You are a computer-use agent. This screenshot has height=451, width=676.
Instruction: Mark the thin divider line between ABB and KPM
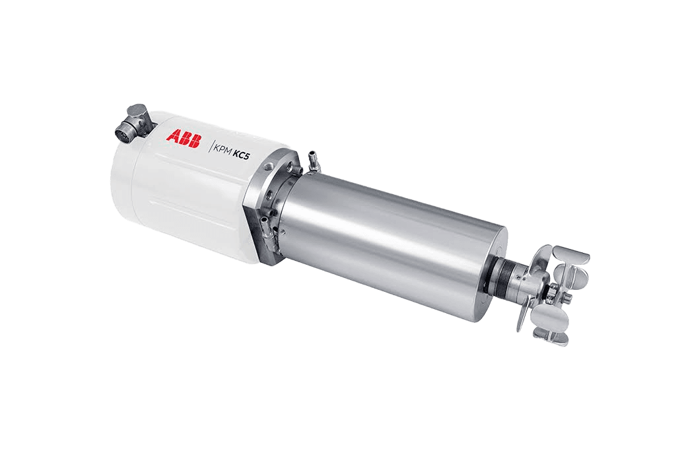click(x=209, y=146)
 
